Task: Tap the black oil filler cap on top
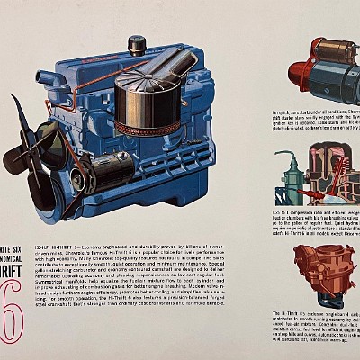click(x=137, y=44)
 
